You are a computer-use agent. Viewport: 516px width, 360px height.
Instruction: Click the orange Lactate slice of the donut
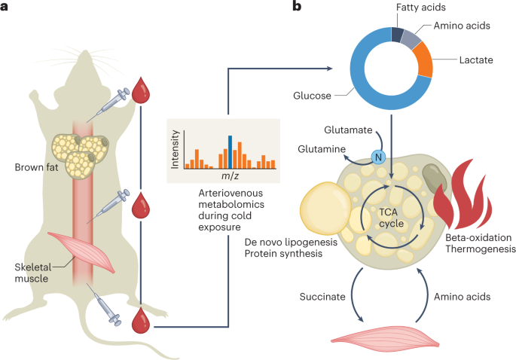425,59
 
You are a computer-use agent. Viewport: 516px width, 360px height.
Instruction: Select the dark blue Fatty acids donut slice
397,34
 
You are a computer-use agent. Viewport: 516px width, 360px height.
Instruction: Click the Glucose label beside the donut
312,96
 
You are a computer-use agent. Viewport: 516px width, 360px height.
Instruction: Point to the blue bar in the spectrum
230,152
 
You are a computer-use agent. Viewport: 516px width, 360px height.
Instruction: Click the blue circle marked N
378,157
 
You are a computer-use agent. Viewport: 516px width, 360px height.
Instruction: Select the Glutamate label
348,130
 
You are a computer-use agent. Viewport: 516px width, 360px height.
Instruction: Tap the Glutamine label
322,149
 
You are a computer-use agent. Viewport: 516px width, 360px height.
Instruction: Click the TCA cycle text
391,218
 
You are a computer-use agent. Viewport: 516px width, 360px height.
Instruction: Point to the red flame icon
463,195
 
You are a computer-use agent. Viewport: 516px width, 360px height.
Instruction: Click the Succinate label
322,297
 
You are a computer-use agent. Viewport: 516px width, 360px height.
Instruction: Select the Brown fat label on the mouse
36,167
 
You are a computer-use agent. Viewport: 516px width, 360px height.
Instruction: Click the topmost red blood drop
141,90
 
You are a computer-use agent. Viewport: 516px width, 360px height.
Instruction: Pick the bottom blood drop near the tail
141,320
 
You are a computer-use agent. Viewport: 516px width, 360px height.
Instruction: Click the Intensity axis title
175,149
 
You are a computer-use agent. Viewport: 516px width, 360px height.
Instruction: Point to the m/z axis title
230,176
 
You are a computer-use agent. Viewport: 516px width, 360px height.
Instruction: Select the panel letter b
297,5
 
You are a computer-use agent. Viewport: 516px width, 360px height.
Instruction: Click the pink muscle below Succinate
385,339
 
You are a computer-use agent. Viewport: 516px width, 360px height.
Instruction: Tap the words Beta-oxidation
478,237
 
